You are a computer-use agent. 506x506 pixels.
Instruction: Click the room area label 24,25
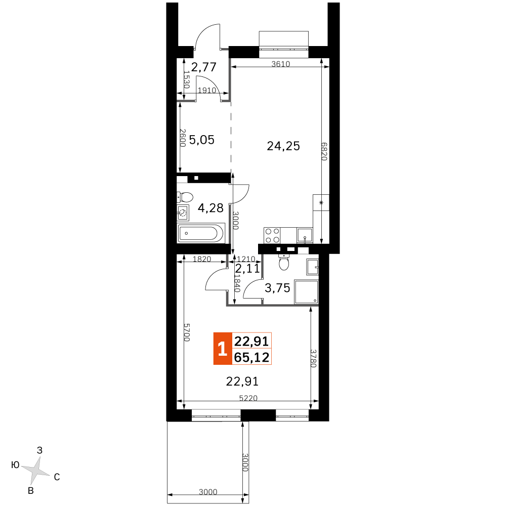point(283,146)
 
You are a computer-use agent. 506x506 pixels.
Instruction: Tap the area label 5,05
point(202,140)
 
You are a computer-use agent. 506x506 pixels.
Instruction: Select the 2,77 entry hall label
point(203,67)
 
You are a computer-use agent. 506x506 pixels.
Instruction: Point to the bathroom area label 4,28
point(210,208)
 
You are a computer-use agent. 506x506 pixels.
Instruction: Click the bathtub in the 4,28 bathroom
point(200,233)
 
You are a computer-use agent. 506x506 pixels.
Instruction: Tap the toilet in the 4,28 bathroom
point(185,197)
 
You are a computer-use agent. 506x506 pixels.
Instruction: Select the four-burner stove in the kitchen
point(272,235)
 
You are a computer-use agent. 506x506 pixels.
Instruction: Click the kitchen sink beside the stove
point(305,235)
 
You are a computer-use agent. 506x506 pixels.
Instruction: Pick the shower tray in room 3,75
point(306,292)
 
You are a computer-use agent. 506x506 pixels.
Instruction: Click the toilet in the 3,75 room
point(284,262)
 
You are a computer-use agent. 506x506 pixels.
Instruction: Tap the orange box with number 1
point(223,349)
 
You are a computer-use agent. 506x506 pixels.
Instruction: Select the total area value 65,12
point(251,357)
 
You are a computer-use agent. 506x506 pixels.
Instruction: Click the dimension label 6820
point(324,151)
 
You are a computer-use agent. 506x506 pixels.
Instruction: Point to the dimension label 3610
point(280,64)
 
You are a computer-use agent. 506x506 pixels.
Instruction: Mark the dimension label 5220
point(248,398)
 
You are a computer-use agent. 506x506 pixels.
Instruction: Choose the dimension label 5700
point(187,332)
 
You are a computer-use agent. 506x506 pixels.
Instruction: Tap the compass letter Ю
point(16,465)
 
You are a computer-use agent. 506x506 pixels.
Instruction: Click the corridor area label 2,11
point(247,269)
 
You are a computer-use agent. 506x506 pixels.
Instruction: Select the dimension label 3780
point(313,358)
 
